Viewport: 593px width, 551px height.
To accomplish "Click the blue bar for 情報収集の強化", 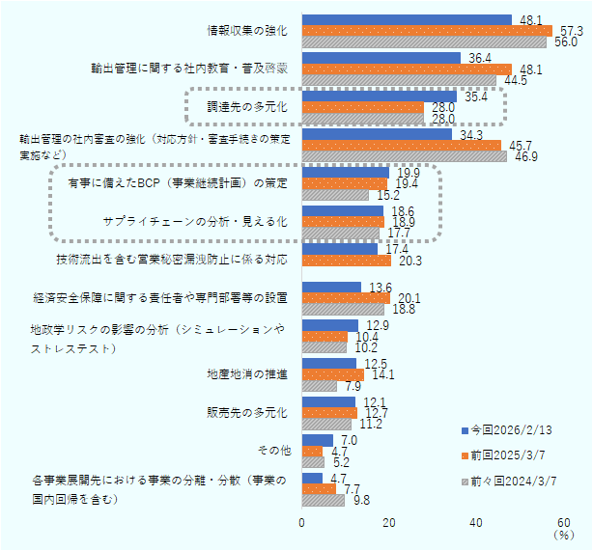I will click(x=407, y=19).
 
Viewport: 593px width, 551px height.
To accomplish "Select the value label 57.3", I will click(x=572, y=31).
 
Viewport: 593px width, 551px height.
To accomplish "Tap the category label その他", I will click(x=275, y=451).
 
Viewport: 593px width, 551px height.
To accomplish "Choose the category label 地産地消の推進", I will click(x=247, y=374).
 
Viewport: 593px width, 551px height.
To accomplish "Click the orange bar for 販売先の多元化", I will click(x=330, y=413).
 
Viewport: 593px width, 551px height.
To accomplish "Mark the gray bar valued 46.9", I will click(x=405, y=156).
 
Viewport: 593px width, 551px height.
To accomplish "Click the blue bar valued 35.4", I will click(x=380, y=96).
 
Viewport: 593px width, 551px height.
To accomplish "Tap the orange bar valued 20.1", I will click(x=346, y=298).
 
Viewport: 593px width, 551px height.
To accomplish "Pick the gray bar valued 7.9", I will click(x=320, y=386).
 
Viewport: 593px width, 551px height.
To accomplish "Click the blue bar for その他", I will click(x=318, y=440).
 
